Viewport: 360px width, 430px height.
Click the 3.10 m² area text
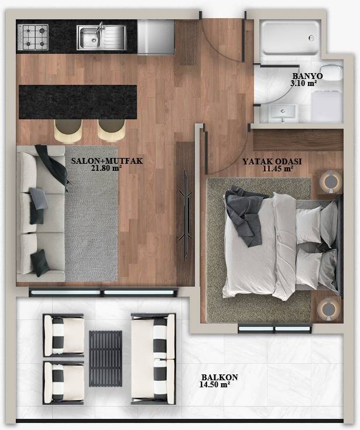[303, 84]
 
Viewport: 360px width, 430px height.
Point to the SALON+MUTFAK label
[99, 161]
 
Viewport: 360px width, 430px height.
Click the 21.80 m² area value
[106, 168]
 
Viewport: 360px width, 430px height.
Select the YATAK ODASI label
[268, 161]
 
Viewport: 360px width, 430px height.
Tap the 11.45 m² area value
[278, 168]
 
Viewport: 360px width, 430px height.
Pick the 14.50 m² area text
[214, 385]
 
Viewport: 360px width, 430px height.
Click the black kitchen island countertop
[77, 101]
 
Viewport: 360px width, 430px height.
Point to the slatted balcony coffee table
[105, 358]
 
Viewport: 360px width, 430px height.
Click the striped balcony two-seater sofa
[153, 358]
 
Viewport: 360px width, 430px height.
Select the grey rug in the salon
[91, 214]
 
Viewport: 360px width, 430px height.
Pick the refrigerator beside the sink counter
[156, 37]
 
